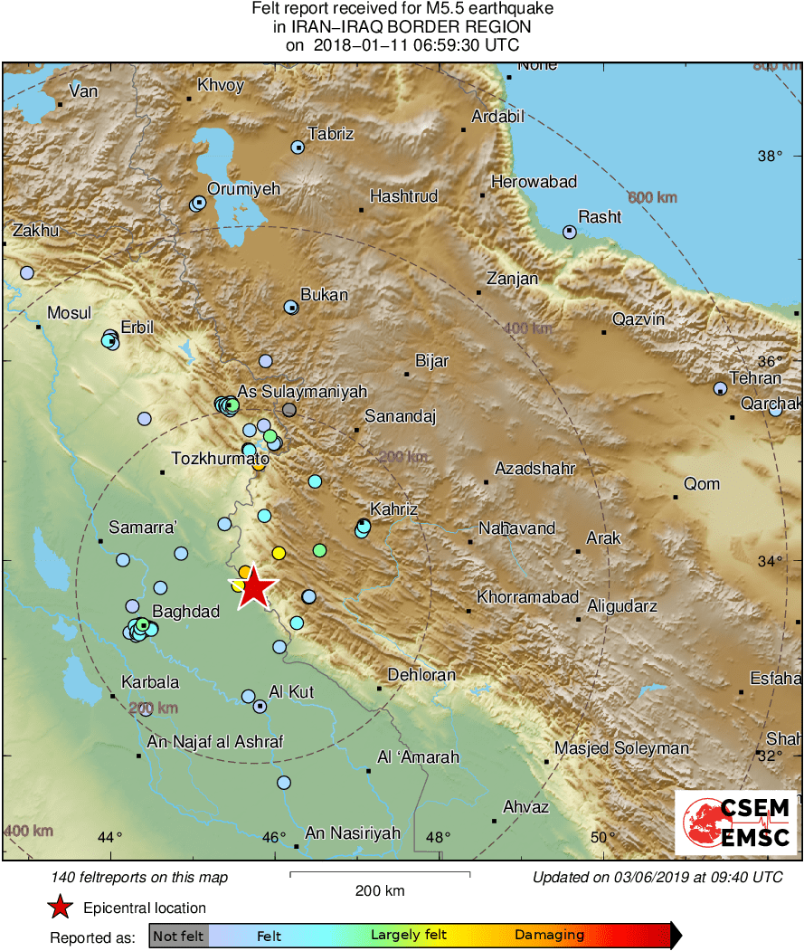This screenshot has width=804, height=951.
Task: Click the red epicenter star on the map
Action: coord(256,588)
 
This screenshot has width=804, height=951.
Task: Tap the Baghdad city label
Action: coord(185,613)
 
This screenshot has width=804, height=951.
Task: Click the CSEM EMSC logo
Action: coord(734,822)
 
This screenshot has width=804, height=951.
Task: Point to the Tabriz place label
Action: coord(330,135)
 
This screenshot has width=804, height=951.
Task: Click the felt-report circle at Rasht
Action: coord(569,232)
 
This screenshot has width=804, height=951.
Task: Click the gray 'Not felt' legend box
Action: coord(178,936)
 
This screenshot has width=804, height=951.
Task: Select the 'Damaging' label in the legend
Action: coord(549,936)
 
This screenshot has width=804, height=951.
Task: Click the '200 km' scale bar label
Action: coord(380,891)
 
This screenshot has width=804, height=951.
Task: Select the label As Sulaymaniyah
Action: coord(301,392)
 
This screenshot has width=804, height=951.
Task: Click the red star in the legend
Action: coord(60,908)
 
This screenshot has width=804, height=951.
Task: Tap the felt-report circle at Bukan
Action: coord(291,308)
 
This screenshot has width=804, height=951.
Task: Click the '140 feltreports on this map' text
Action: coord(140,877)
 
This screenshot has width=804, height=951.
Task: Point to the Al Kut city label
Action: coord(291,692)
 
